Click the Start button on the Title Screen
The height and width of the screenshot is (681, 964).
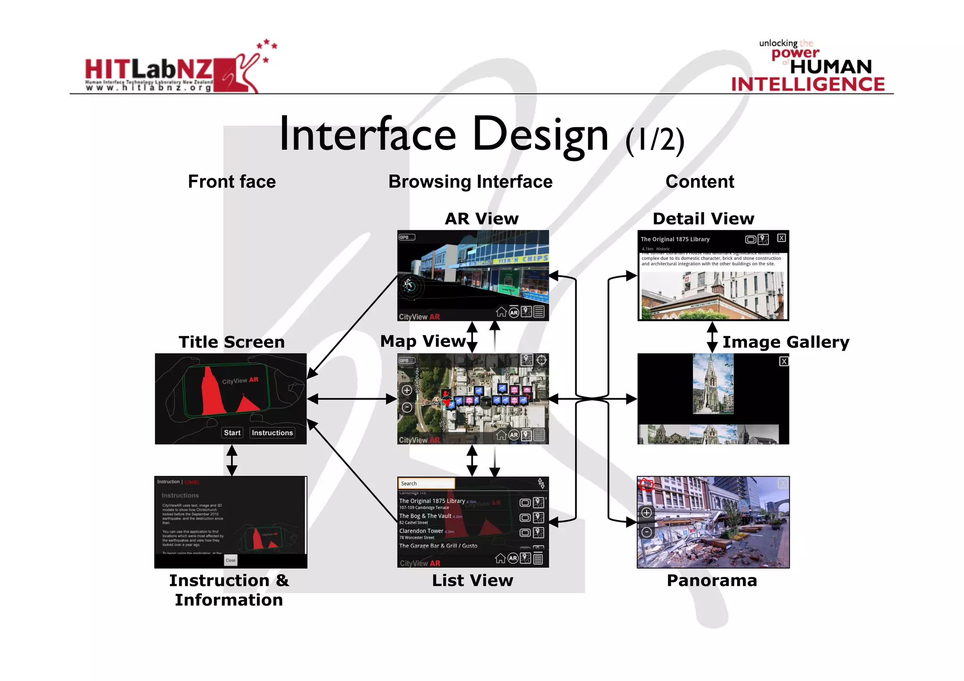(232, 433)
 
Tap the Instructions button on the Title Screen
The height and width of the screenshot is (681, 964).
(272, 433)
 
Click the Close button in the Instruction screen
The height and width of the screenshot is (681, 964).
(231, 560)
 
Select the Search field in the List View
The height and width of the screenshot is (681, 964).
(426, 483)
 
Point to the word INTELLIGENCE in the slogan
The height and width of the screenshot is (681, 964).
(808, 84)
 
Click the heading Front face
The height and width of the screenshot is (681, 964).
(232, 182)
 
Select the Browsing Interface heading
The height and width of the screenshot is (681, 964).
(470, 182)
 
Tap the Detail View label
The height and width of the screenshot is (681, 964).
(703, 219)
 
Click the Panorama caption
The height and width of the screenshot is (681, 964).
(712, 580)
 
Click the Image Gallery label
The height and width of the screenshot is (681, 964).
(786, 342)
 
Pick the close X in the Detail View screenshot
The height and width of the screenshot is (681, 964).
(781, 238)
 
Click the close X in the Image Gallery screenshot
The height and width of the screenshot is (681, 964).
(783, 361)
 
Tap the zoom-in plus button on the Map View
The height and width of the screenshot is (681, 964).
(407, 390)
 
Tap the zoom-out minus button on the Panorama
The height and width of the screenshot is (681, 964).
(647, 532)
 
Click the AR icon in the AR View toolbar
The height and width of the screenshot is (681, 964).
(514, 312)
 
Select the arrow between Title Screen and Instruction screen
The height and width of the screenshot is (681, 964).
(232, 460)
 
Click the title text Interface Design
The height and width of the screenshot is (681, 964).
(444, 135)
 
